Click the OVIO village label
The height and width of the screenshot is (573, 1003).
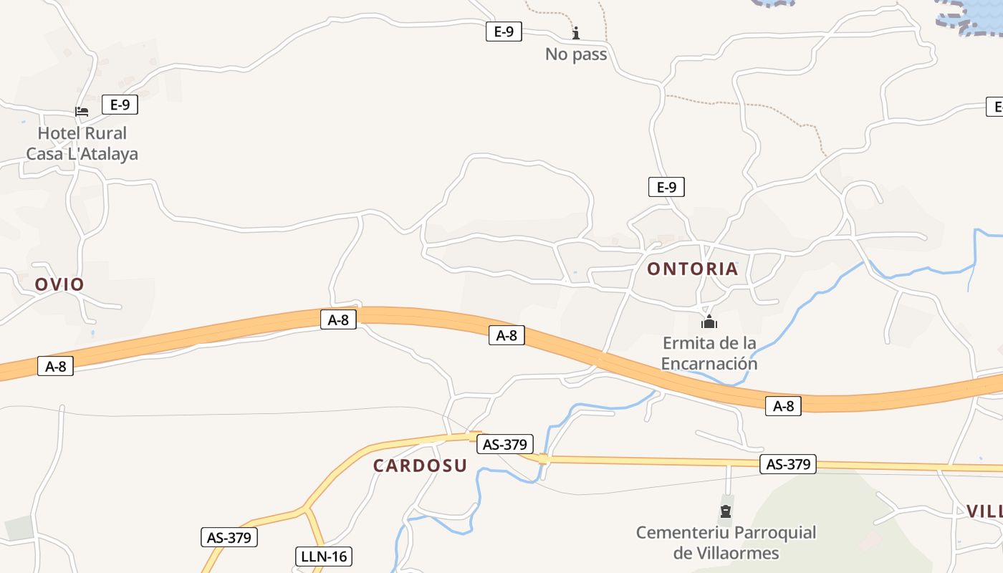pyautogui.click(x=59, y=284)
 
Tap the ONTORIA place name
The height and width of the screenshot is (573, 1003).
pyautogui.click(x=692, y=269)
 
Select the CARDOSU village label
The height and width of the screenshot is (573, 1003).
pyautogui.click(x=420, y=466)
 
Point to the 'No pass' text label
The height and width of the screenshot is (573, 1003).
pyautogui.click(x=576, y=54)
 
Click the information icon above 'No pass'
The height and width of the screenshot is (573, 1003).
pyautogui.click(x=576, y=33)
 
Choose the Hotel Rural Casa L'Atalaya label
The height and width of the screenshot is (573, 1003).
pyautogui.click(x=82, y=143)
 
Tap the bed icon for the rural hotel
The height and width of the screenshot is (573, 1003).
pyautogui.click(x=82, y=112)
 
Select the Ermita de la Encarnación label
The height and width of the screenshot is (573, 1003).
pyautogui.click(x=709, y=353)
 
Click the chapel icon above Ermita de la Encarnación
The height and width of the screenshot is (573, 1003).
pyautogui.click(x=709, y=322)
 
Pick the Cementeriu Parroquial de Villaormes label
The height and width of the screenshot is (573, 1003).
pyautogui.click(x=726, y=543)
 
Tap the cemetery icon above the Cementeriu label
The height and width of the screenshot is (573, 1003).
pyautogui.click(x=726, y=511)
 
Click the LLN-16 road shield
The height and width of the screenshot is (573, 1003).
pyautogui.click(x=324, y=556)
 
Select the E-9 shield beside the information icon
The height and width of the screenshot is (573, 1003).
pyautogui.click(x=504, y=32)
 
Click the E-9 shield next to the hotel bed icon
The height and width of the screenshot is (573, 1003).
pyautogui.click(x=120, y=105)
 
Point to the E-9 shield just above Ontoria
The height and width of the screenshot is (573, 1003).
pyautogui.click(x=666, y=188)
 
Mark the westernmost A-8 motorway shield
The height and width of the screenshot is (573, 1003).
pyautogui.click(x=55, y=367)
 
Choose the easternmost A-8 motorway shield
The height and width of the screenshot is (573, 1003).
pyautogui.click(x=783, y=405)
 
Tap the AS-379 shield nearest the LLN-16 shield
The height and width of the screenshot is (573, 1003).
pyautogui.click(x=229, y=537)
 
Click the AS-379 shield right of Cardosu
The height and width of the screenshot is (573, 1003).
pyautogui.click(x=504, y=444)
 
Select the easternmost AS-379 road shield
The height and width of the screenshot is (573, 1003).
pyautogui.click(x=788, y=464)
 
